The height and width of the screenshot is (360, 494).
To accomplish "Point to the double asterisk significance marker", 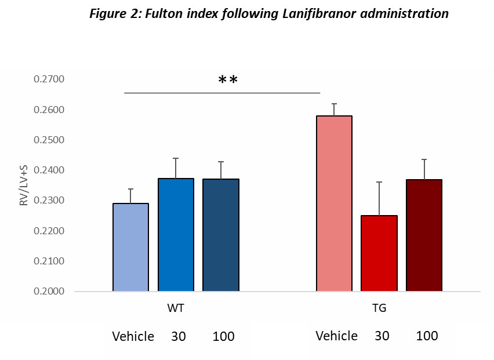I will pyautogui.click(x=228, y=80).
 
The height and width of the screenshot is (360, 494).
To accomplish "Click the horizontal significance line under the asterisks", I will pyautogui.click(x=222, y=93).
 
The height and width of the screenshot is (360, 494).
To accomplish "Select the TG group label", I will pyautogui.click(x=379, y=308).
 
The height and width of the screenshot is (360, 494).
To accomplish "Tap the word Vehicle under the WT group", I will pyautogui.click(x=133, y=336).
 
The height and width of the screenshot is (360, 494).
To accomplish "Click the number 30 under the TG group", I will pyautogui.click(x=382, y=336).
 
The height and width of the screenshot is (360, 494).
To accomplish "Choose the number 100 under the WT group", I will pyautogui.click(x=223, y=336).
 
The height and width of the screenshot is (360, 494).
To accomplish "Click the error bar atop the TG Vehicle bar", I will pyautogui.click(x=334, y=110).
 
